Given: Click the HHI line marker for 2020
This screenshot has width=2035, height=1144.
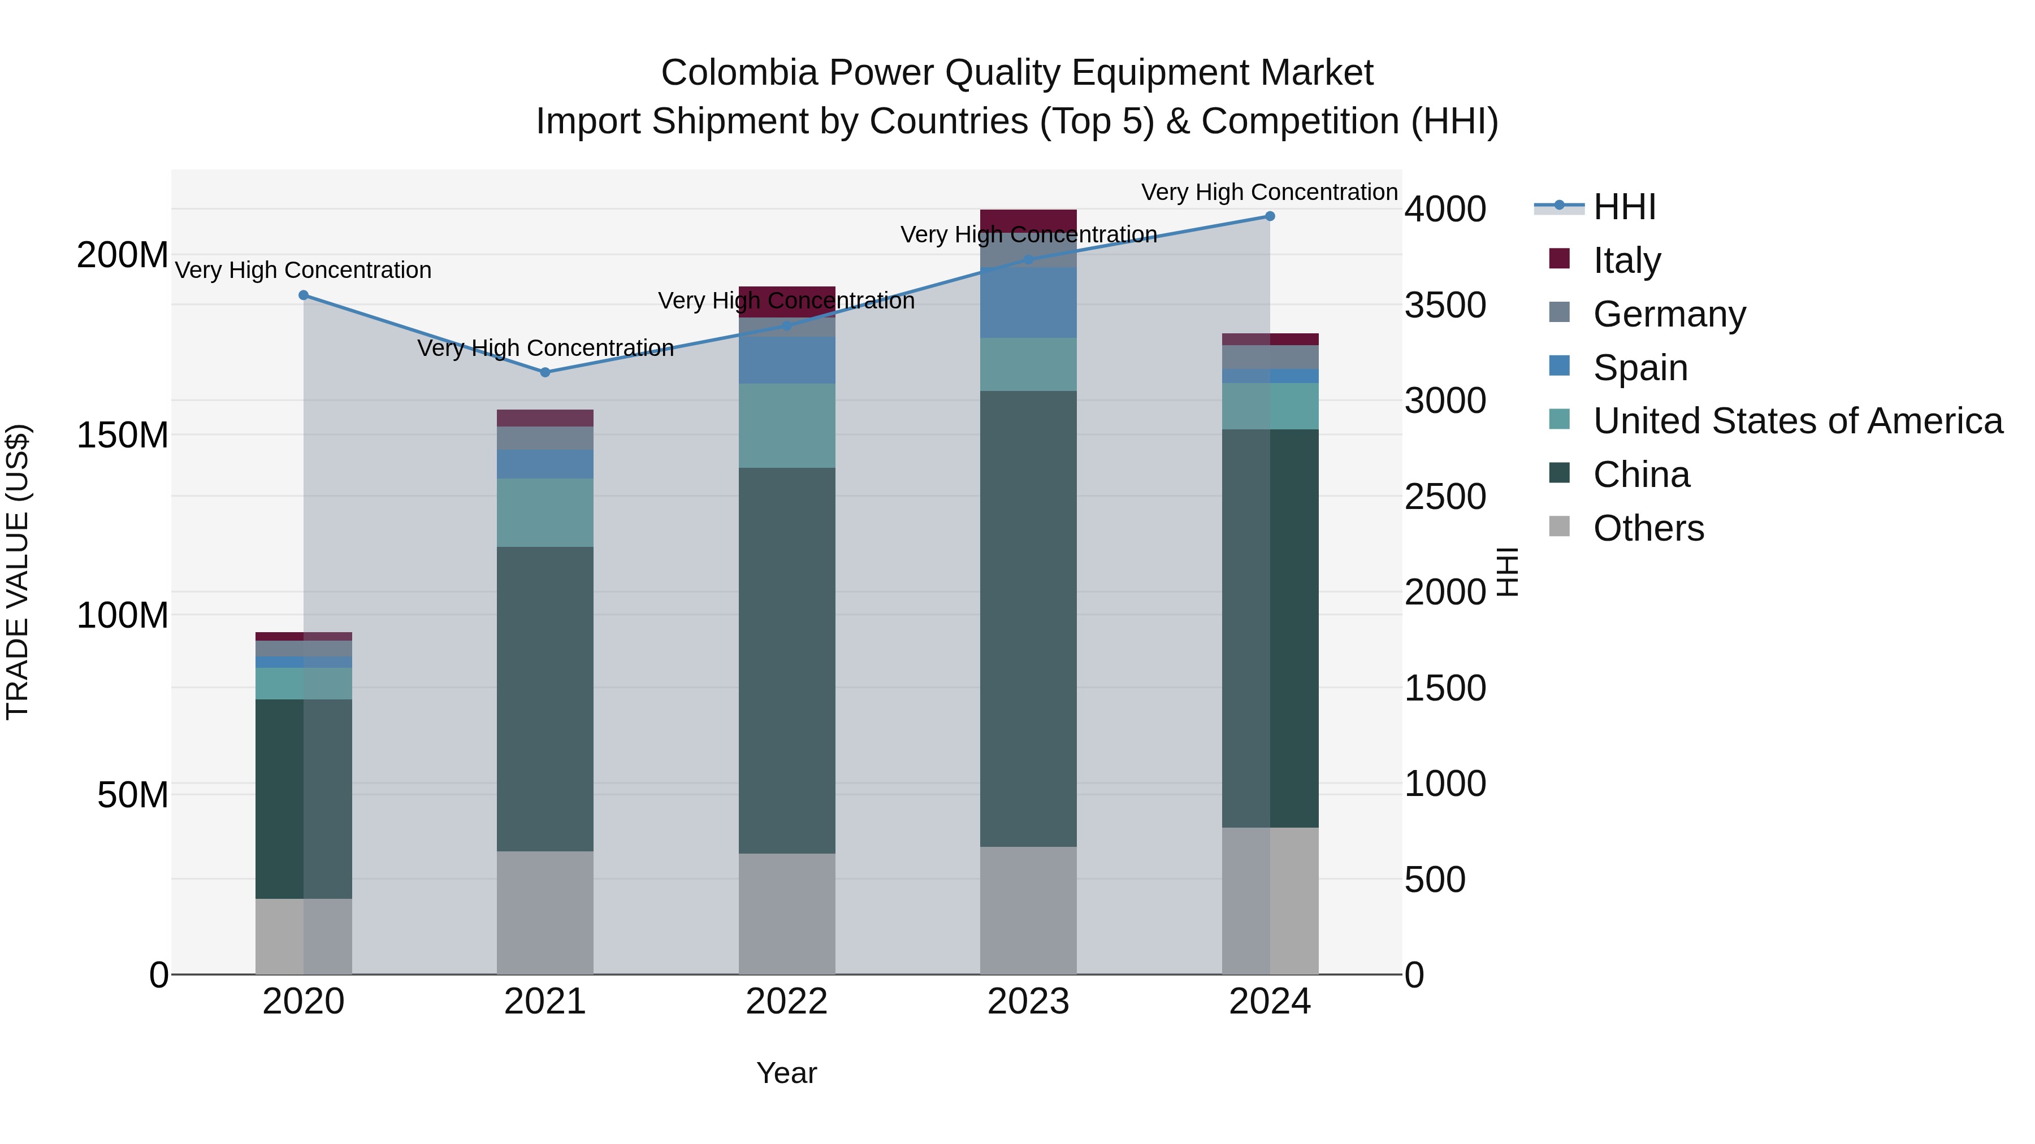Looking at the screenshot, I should (x=304, y=295).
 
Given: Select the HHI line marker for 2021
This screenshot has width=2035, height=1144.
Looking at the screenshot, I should (x=545, y=372).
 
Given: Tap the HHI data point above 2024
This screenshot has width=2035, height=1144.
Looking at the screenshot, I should (x=1270, y=216).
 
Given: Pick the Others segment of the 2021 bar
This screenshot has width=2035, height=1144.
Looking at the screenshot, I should (x=545, y=912).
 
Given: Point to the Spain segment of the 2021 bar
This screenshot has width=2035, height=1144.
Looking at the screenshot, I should (x=545, y=464).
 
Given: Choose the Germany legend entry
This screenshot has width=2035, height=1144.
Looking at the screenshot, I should (x=1669, y=314).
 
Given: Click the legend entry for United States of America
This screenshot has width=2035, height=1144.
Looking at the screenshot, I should (x=1797, y=421).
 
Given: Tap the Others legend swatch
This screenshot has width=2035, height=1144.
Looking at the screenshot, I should (x=1560, y=526).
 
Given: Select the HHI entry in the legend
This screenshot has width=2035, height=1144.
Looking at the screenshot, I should (x=1623, y=207).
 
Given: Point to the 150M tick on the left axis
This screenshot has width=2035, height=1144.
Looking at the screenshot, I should (x=123, y=435).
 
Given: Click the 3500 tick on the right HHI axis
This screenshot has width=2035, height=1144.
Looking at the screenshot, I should (x=1445, y=306).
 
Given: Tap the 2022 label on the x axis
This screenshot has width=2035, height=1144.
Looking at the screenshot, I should (x=787, y=1002).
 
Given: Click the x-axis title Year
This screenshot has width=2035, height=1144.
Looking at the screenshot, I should (x=787, y=1073).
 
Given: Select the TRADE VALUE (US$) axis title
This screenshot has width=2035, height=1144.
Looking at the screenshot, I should (x=18, y=572).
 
